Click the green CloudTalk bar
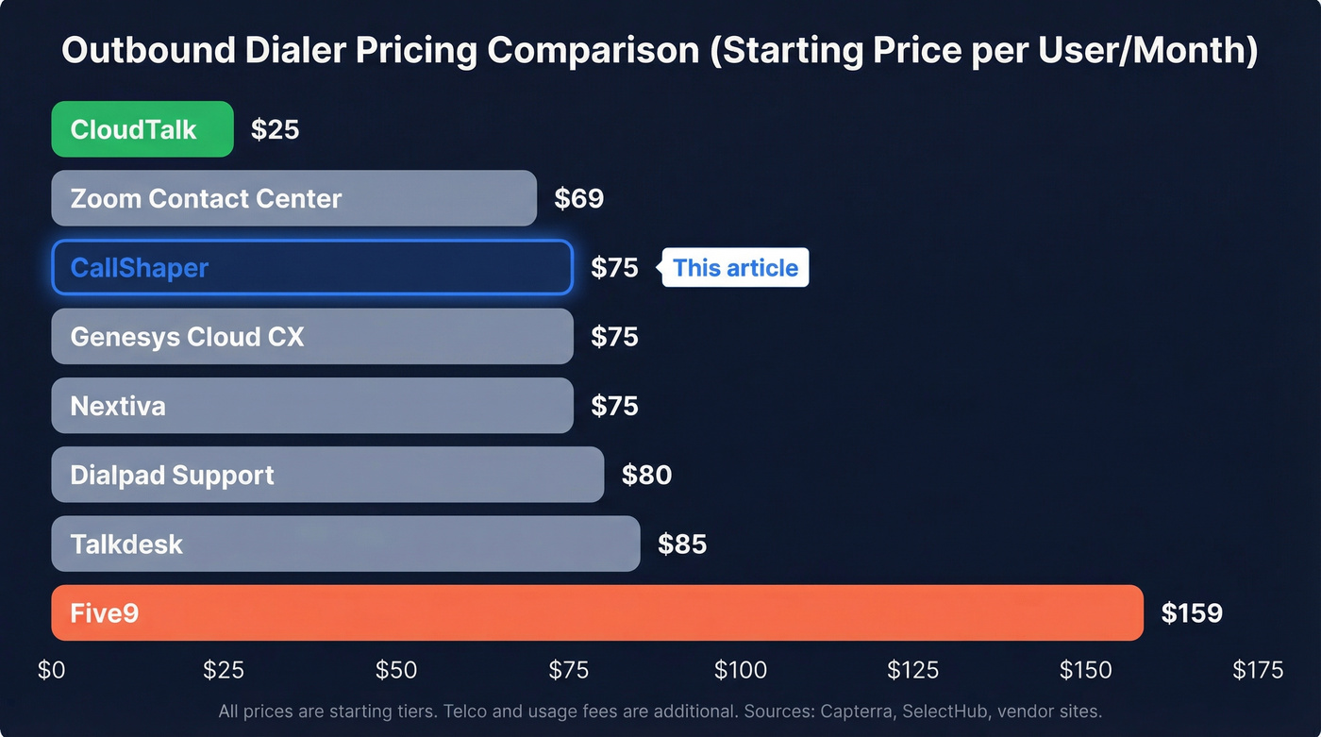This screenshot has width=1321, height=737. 142,129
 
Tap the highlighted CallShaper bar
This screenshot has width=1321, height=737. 311,267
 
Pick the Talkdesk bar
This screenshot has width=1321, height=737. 345,544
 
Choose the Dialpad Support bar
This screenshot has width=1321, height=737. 326,475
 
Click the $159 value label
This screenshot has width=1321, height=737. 1192,613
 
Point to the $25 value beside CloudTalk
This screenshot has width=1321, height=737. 275,129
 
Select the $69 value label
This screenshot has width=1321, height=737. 578,198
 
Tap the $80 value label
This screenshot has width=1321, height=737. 646,475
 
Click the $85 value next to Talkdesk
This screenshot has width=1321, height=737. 682,544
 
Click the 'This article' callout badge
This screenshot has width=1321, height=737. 735,268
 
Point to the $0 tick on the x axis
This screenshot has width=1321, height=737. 51,670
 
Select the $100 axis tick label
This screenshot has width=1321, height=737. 740,670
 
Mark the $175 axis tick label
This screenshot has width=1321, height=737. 1258,670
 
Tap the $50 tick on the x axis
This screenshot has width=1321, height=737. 395,670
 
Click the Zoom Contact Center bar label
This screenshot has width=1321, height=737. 206,198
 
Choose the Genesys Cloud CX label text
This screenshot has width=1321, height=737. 187,337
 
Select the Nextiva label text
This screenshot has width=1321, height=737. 118,406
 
